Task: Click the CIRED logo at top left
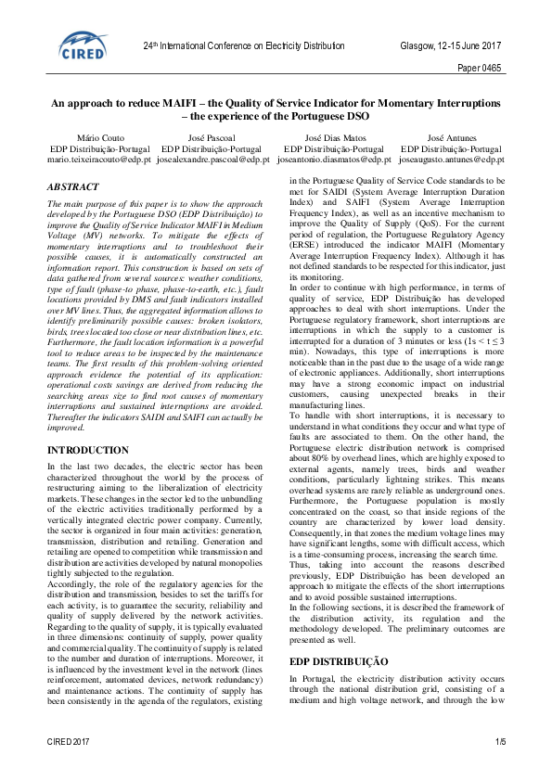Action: pos(83,44)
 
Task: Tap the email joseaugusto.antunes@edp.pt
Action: pos(452,160)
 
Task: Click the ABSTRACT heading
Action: pos(72,186)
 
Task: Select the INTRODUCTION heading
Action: pos(88,450)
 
